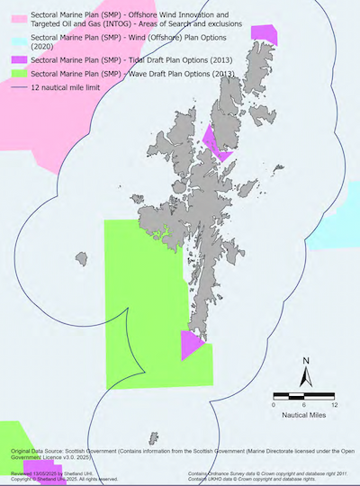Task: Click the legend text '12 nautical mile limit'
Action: [65, 88]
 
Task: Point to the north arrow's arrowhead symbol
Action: [306, 378]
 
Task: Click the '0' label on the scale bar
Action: [273, 406]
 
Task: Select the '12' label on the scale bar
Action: [334, 406]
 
